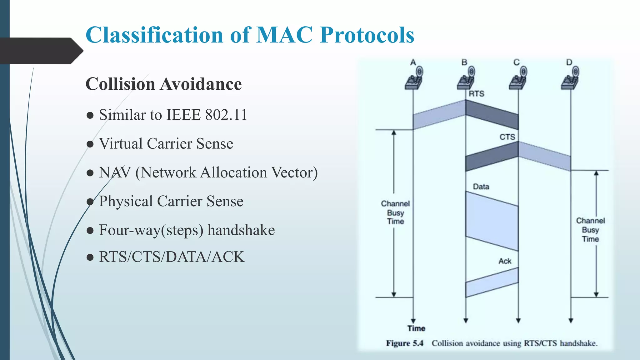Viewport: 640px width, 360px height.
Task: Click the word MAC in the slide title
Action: pyautogui.click(x=284, y=35)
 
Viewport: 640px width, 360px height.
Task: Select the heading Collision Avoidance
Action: pyautogui.click(x=163, y=84)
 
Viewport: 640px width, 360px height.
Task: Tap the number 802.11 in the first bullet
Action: pyautogui.click(x=226, y=115)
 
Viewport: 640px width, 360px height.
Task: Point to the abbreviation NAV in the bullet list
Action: pyautogui.click(x=115, y=172)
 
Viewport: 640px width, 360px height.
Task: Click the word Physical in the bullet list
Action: pyautogui.click(x=126, y=201)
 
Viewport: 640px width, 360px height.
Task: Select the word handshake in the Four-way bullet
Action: pyautogui.click(x=241, y=230)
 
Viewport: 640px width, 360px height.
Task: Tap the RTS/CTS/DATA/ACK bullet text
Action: pyautogui.click(x=172, y=257)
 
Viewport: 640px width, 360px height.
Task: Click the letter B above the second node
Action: pyautogui.click(x=464, y=62)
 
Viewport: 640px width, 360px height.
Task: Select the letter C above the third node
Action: pyautogui.click(x=516, y=62)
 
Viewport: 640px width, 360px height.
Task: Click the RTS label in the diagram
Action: pyautogui.click(x=476, y=93)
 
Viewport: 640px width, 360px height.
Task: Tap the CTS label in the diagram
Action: pyautogui.click(x=507, y=137)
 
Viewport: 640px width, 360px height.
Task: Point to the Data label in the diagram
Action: pyautogui.click(x=481, y=187)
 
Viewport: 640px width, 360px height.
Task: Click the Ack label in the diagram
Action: pyautogui.click(x=505, y=261)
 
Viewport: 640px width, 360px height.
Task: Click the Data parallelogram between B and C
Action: pyautogui.click(x=492, y=221)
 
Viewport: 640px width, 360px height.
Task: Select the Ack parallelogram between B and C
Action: pyautogui.click(x=492, y=282)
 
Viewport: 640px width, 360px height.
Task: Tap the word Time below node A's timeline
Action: pyautogui.click(x=416, y=328)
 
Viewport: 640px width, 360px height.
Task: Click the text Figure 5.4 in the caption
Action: pyautogui.click(x=404, y=343)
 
